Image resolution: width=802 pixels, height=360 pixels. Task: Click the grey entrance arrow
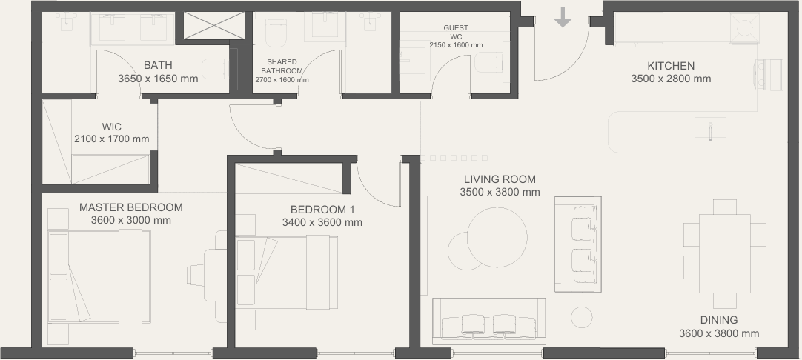(x=563, y=17)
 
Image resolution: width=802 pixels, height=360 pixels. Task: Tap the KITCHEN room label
(x=671, y=66)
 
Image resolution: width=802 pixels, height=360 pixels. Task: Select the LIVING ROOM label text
(x=500, y=179)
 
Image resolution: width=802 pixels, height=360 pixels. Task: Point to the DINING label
(x=719, y=320)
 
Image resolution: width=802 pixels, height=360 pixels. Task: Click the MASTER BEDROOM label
(x=131, y=207)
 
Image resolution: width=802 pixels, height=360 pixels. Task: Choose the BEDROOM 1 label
(x=322, y=210)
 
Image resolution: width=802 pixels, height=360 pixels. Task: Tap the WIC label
(x=111, y=127)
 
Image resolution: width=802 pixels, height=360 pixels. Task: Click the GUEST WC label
(x=456, y=32)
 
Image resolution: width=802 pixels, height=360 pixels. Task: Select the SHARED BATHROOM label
(x=282, y=67)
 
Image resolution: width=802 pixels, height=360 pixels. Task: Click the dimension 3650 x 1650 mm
(x=158, y=79)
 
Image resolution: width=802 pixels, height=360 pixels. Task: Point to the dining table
(x=724, y=253)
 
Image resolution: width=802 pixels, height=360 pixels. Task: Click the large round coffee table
(x=497, y=237)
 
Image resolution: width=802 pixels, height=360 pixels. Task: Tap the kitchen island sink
(x=710, y=128)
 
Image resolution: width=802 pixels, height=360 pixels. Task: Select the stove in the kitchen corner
(x=744, y=28)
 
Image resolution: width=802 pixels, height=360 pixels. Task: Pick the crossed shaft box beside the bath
(x=213, y=26)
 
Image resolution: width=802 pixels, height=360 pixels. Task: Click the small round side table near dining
(x=582, y=318)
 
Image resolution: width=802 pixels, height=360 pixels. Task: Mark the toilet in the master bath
(x=216, y=69)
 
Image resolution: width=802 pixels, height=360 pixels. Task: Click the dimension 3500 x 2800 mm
(x=671, y=79)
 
